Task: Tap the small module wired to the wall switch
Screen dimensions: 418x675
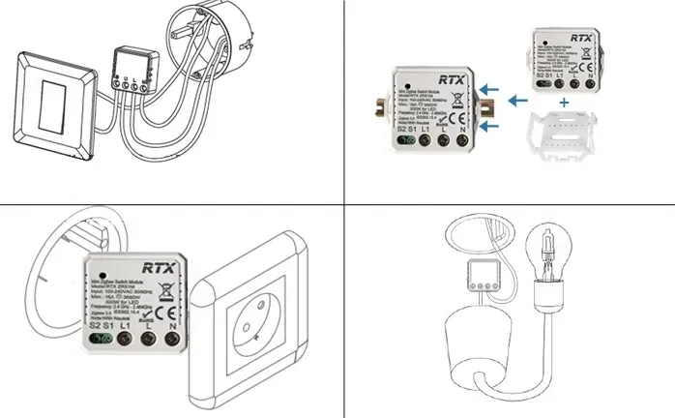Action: (x=130, y=70)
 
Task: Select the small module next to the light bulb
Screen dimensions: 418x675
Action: (x=481, y=277)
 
